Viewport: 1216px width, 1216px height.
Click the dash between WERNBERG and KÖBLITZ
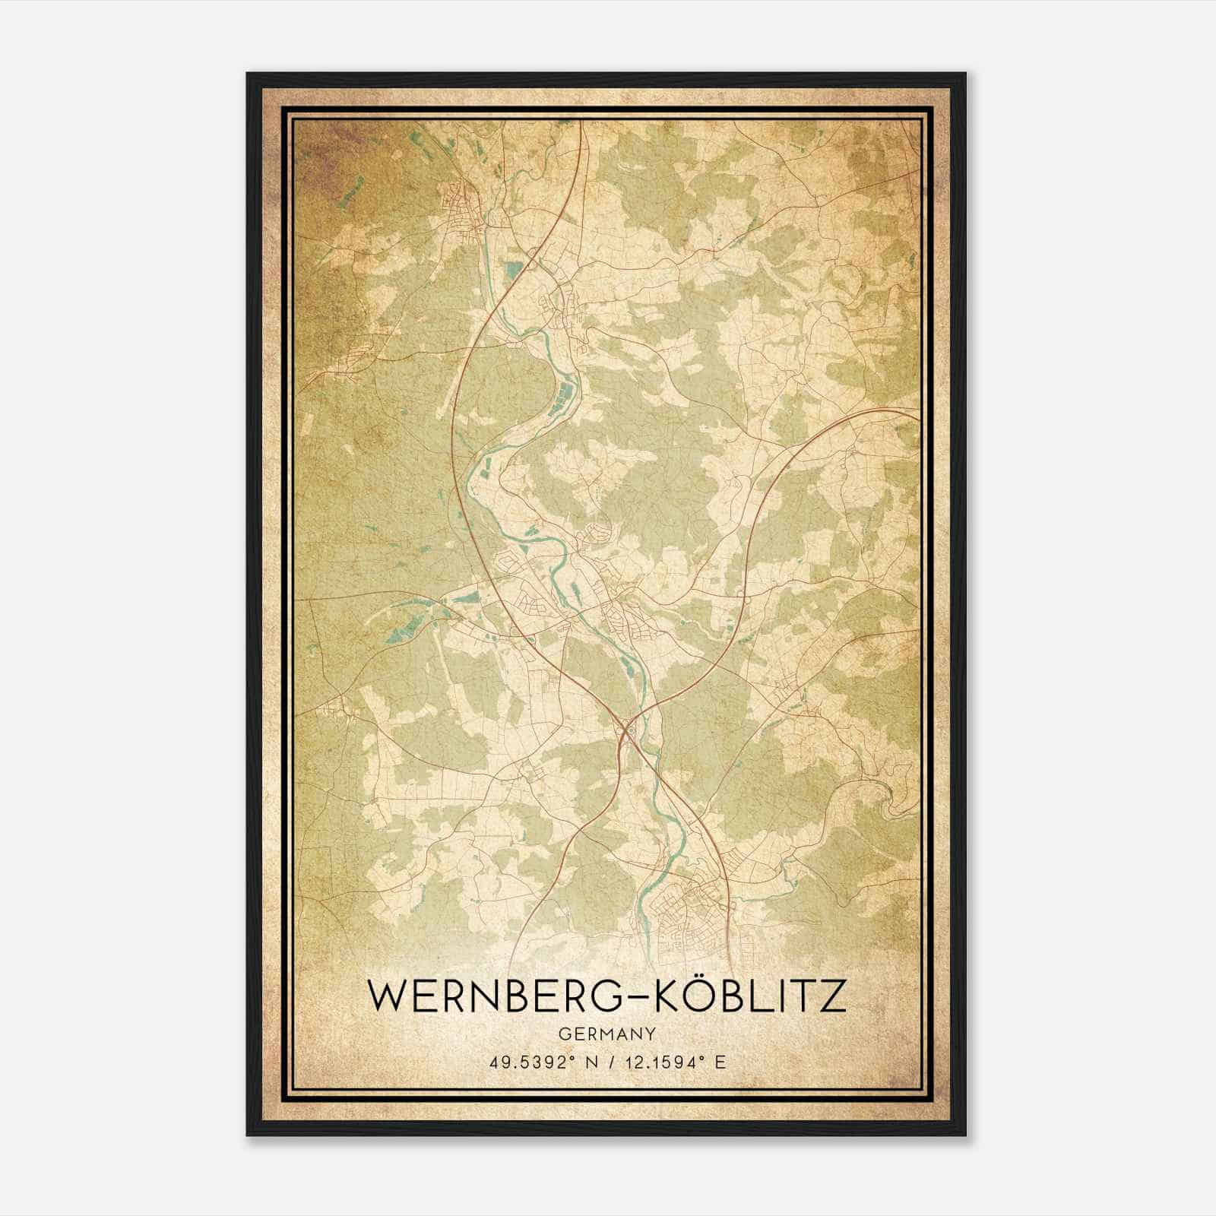coord(636,997)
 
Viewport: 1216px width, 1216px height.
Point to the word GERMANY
coord(606,1034)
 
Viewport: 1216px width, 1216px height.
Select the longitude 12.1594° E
coord(674,1062)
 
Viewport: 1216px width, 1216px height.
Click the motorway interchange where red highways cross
coord(628,731)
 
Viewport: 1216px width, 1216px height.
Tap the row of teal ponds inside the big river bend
coord(566,395)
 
